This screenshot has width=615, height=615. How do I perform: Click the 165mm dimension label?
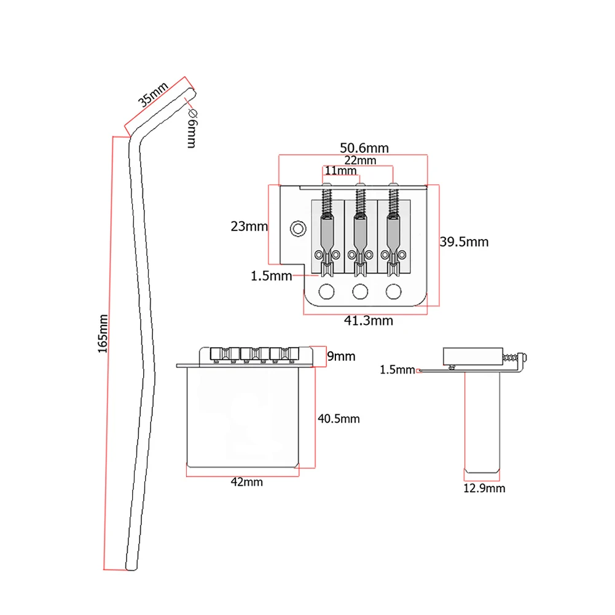pyautogui.click(x=103, y=334)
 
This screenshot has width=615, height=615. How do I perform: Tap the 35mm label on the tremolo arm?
pyautogui.click(x=153, y=94)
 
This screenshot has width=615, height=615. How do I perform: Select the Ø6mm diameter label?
pyautogui.click(x=192, y=128)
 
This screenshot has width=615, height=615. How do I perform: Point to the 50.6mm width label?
pyautogui.click(x=364, y=148)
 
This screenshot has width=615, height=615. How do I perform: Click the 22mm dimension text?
pyautogui.click(x=360, y=160)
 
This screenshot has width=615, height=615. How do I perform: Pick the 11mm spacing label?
pyautogui.click(x=340, y=171)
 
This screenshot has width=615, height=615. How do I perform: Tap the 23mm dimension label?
pyautogui.click(x=249, y=226)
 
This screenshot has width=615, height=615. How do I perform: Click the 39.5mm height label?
pyautogui.click(x=464, y=241)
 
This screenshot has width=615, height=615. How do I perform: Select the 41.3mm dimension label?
pyautogui.click(x=368, y=321)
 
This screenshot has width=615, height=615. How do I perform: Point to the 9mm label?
pyautogui.click(x=341, y=356)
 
